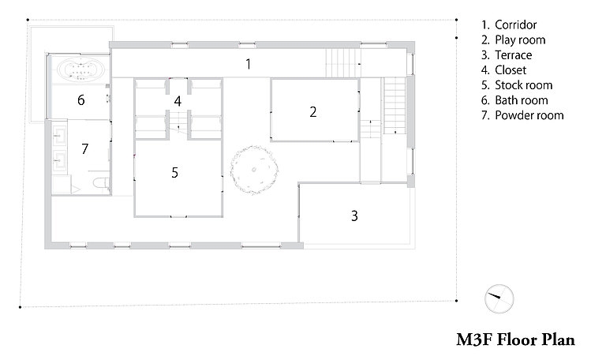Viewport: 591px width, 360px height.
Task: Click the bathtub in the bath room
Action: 80,69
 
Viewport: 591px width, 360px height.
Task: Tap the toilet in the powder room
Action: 101,183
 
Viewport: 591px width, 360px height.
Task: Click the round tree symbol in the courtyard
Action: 254,170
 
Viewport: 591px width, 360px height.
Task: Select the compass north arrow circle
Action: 499,298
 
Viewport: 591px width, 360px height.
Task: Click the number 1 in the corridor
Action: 248,64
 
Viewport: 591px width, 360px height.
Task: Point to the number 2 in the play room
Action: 312,111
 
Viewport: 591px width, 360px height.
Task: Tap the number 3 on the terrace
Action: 354,216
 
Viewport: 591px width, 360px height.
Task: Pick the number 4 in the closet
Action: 178,101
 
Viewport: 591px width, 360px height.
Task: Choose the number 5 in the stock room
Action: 174,173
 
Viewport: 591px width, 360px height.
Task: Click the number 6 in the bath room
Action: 81,100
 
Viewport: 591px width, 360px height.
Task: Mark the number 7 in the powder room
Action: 84,149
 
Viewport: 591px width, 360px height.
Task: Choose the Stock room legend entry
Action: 517,85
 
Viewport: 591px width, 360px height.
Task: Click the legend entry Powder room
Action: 522,115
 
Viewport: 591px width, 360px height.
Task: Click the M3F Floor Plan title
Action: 515,339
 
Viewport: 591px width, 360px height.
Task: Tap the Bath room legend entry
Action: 514,100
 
